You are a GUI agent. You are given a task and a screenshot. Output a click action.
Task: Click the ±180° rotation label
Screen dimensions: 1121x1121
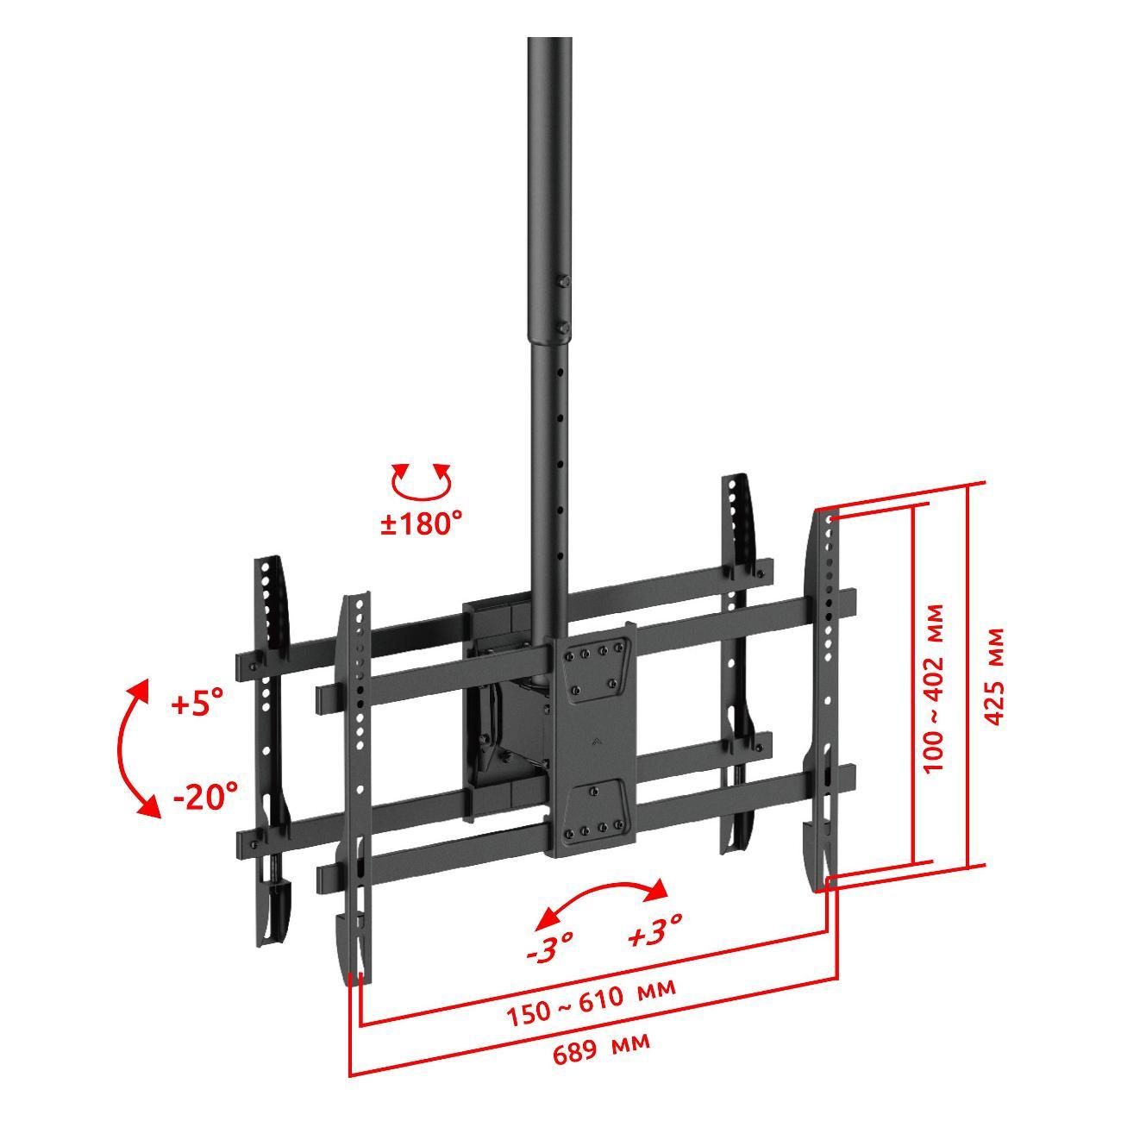pyautogui.click(x=422, y=523)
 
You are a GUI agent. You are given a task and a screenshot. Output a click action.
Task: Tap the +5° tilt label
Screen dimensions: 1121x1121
pyautogui.click(x=197, y=704)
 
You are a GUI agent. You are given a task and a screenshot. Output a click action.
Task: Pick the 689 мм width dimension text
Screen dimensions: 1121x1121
pyautogui.click(x=601, y=1047)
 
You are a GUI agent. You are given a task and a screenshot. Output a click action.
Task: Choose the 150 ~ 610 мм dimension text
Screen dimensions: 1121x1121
pyautogui.click(x=592, y=1002)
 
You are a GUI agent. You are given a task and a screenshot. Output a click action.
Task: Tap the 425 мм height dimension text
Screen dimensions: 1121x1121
pyautogui.click(x=995, y=676)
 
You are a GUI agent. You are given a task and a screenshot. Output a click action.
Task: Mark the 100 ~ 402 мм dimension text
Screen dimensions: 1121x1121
pyautogui.click(x=934, y=688)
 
